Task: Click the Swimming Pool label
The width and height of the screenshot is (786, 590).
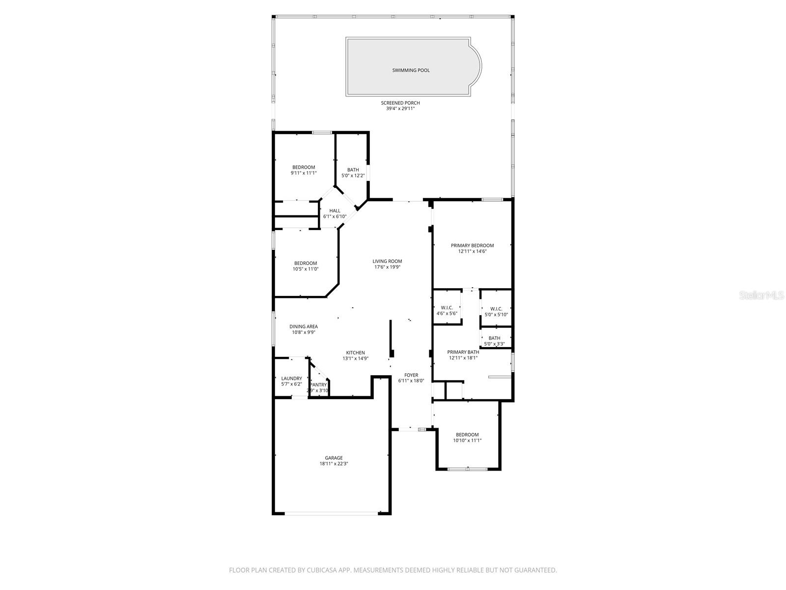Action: pyautogui.click(x=411, y=70)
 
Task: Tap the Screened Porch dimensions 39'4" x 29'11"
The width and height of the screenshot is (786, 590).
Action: pyautogui.click(x=400, y=109)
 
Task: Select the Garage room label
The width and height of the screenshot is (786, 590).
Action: pyautogui.click(x=334, y=458)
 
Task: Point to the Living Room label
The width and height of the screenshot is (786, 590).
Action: pyautogui.click(x=387, y=262)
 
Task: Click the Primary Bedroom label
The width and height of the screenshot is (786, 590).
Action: pyautogui.click(x=472, y=245)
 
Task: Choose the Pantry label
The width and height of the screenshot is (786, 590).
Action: pyautogui.click(x=318, y=385)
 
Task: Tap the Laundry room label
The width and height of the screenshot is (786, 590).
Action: pyautogui.click(x=291, y=379)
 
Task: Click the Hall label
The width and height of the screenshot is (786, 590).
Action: pyautogui.click(x=335, y=211)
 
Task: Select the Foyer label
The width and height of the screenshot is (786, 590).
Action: pyautogui.click(x=411, y=375)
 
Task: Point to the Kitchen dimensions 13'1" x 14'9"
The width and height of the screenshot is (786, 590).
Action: pyautogui.click(x=355, y=358)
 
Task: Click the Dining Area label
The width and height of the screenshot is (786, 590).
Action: pyautogui.click(x=303, y=326)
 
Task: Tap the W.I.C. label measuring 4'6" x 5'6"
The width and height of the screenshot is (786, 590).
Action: pyautogui.click(x=447, y=308)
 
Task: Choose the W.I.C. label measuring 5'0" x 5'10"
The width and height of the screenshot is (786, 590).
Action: pyautogui.click(x=496, y=309)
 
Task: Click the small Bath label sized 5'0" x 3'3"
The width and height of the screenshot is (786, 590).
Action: pyautogui.click(x=494, y=338)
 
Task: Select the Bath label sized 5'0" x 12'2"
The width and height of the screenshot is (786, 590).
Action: pyautogui.click(x=353, y=170)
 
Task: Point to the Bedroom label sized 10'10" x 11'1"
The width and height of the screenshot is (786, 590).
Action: pyautogui.click(x=467, y=435)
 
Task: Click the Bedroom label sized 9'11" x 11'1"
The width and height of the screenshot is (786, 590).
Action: pyautogui.click(x=304, y=167)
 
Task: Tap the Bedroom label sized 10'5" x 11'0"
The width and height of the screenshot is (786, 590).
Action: pyautogui.click(x=306, y=263)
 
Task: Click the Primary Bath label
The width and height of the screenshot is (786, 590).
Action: pyautogui.click(x=463, y=352)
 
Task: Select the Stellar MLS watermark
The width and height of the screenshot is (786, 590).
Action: pyautogui.click(x=761, y=295)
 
